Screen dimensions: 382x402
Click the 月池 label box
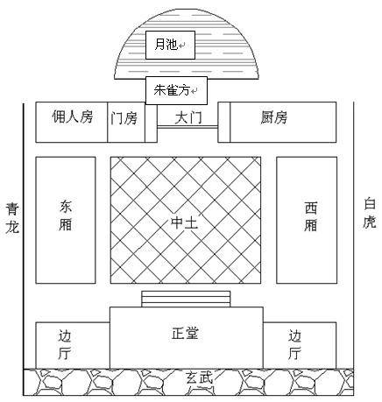(170, 45)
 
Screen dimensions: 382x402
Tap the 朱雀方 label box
(176, 90)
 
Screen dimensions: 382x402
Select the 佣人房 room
(72, 122)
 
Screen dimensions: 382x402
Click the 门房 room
(126, 122)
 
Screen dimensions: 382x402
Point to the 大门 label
(188, 118)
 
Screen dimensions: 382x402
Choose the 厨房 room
(283, 122)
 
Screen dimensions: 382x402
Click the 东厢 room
(66, 220)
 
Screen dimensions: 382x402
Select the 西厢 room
(307, 220)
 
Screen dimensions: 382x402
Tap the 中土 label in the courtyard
(185, 222)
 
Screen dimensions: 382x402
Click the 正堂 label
(185, 333)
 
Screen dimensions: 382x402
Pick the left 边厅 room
(73, 345)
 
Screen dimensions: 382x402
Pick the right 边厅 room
(300, 345)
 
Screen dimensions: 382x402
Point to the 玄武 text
(199, 377)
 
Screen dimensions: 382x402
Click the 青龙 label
(12, 218)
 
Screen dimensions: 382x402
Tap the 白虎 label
(370, 213)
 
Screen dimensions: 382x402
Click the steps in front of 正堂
(186, 299)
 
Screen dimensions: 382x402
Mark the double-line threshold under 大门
(187, 127)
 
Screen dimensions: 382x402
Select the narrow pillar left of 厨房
(224, 122)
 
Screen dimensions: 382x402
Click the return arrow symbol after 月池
(182, 46)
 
